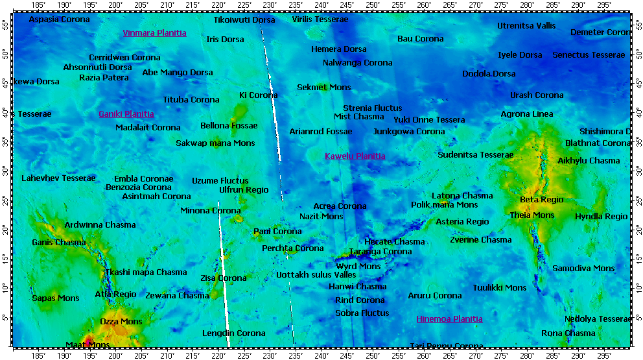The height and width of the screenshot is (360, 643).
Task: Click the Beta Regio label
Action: [541, 200]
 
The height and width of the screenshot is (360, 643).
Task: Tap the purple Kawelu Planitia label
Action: [355, 156]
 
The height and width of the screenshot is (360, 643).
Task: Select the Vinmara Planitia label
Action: [154, 33]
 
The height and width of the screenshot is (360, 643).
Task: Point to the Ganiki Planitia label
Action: [126, 114]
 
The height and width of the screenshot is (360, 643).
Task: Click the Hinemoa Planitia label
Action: [449, 319]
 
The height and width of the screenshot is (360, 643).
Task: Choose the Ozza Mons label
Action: [121, 322]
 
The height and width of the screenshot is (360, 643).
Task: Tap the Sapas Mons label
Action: [55, 298]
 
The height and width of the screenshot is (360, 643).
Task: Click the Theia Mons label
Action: [532, 215]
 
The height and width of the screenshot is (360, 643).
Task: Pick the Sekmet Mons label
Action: [323, 88]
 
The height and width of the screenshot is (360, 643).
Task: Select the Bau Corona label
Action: [420, 39]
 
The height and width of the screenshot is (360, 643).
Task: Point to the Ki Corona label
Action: [258, 95]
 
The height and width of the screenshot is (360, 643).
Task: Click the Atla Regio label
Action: [115, 294]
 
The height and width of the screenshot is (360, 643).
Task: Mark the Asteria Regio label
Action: [462, 222]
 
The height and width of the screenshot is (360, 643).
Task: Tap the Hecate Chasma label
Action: [394, 242]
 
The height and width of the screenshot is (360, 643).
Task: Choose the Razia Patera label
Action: [104, 78]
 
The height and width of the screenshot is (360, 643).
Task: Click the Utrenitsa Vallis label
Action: [526, 26]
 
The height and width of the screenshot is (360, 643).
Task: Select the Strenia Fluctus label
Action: [372, 108]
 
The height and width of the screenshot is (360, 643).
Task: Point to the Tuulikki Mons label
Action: [499, 288]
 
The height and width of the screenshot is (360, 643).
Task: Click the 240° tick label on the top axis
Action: [321, 5]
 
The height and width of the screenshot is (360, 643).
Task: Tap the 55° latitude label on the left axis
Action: [5, 25]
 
